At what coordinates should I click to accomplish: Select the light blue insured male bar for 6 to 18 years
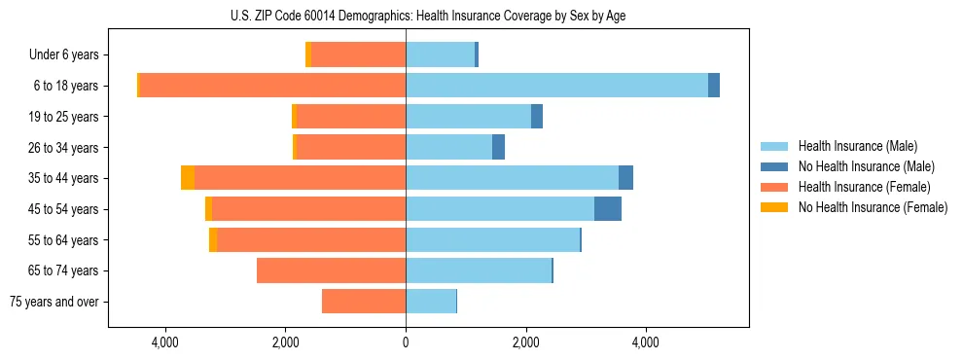(556, 86)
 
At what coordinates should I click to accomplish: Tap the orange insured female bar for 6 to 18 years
(272, 86)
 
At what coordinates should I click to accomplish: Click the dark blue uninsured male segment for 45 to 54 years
(608, 209)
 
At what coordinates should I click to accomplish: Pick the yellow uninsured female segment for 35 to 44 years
(188, 178)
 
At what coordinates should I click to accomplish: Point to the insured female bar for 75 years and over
(364, 302)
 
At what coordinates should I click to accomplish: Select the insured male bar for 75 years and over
(431, 302)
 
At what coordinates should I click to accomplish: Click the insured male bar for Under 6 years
(440, 54)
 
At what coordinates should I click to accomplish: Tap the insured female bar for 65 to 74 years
(331, 270)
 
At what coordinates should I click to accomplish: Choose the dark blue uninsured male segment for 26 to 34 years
(498, 147)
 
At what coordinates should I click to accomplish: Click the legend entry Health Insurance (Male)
(857, 146)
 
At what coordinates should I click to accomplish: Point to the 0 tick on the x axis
(406, 342)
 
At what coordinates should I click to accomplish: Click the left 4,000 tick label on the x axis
(165, 342)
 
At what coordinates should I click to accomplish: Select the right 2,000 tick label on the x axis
(525, 342)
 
